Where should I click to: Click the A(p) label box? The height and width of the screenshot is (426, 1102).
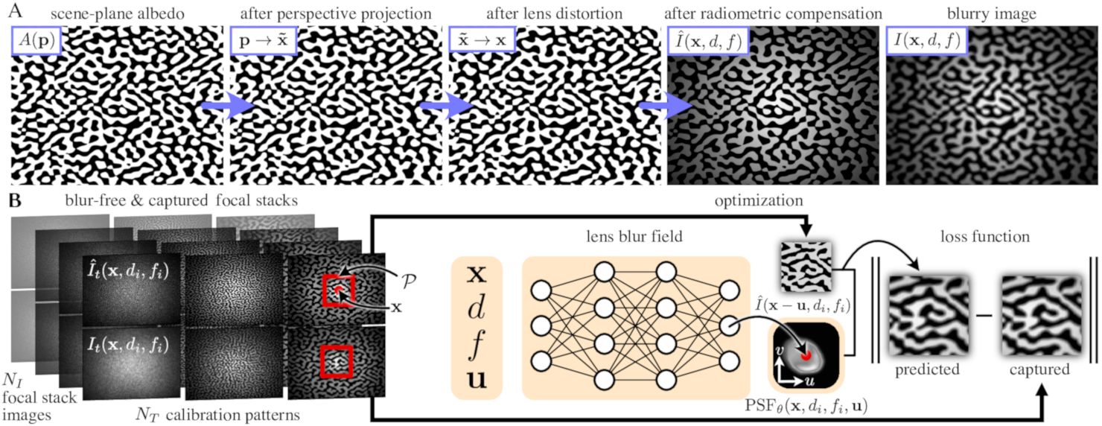coord(36,42)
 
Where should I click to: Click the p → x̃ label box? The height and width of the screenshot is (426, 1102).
coord(264,42)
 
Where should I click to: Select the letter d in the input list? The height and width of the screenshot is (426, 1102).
coord(477,308)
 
